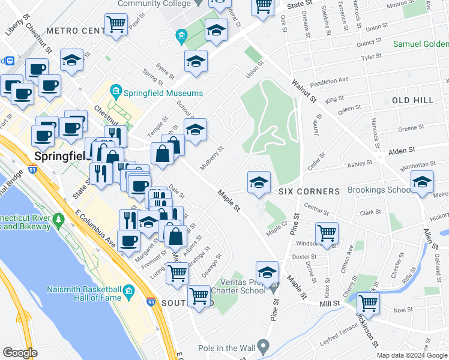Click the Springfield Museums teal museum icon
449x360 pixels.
[x=116, y=92]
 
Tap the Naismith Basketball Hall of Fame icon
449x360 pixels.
[x=128, y=293]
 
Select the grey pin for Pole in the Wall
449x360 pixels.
[x=262, y=346]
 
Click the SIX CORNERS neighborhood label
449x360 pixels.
[x=309, y=191]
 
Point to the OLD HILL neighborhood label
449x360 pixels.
[x=412, y=100]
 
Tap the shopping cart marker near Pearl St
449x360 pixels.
[x=116, y=25]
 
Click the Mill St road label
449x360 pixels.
[x=330, y=304]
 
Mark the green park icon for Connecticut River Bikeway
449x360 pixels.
[x=59, y=221]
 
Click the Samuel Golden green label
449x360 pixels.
[x=420, y=44]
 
